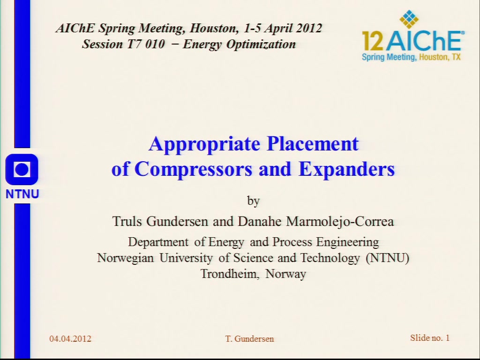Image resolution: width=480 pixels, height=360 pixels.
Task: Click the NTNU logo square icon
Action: point(22,169)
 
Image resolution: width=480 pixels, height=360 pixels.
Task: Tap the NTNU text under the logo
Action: point(22,194)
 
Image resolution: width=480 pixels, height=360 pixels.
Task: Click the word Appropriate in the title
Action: point(204,144)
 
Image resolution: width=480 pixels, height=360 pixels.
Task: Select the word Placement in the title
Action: point(313,143)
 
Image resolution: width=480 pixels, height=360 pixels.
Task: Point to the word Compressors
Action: point(193,169)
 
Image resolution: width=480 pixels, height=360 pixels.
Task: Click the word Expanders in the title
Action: point(347,169)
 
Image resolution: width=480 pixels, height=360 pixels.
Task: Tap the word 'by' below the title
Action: point(254,201)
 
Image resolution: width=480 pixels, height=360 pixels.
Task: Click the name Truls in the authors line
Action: point(127,221)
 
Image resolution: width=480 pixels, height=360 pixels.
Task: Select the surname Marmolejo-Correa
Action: point(340,221)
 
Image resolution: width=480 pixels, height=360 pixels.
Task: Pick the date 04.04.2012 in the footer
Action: point(70,338)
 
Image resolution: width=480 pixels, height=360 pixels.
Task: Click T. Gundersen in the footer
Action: point(249,338)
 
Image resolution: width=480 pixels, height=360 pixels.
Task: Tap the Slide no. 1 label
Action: point(430,337)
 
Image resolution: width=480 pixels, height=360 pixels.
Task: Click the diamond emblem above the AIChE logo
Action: point(409,19)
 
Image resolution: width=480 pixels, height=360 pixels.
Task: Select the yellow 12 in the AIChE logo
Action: point(373,41)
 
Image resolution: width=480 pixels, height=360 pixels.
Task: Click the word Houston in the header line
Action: point(214,29)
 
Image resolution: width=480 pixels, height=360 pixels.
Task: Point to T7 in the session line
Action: point(133,44)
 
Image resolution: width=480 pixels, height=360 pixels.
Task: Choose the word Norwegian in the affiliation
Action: point(125,258)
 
